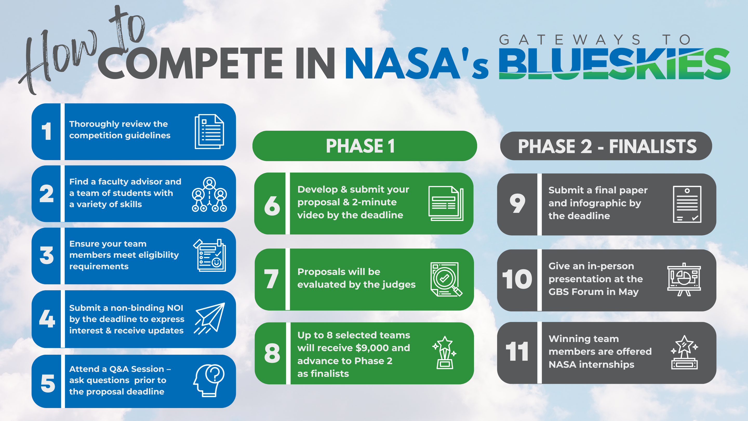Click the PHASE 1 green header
pos(364,146)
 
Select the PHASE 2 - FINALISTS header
pos(606,146)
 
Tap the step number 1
pos(46,131)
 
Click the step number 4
pos(47,319)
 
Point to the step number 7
pos(271,279)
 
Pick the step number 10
pos(517,279)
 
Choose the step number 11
pos(517,352)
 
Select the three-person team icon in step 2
pos(209,194)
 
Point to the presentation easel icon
pos(684,280)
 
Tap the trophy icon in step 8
pos(444,353)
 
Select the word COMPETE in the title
pos(190,63)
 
